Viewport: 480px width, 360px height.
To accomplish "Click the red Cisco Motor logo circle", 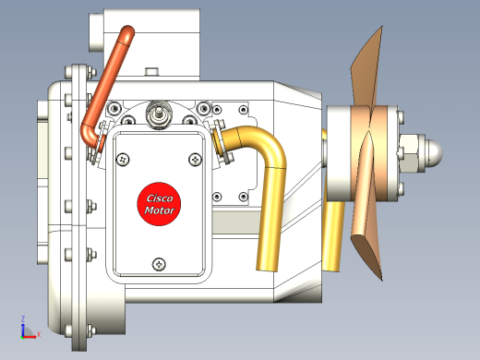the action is [x=159, y=204].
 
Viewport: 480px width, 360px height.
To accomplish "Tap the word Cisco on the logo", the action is [x=160, y=198].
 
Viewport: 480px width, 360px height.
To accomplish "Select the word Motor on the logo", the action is [x=160, y=210].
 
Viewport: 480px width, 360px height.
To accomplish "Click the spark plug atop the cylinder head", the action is [x=159, y=114].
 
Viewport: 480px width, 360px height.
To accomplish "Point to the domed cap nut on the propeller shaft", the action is [x=434, y=153].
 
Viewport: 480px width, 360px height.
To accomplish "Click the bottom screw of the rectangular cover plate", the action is [x=159, y=264].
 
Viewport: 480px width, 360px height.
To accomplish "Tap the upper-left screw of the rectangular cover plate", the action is [x=123, y=160].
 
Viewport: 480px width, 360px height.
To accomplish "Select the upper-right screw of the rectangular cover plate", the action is [x=195, y=160].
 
